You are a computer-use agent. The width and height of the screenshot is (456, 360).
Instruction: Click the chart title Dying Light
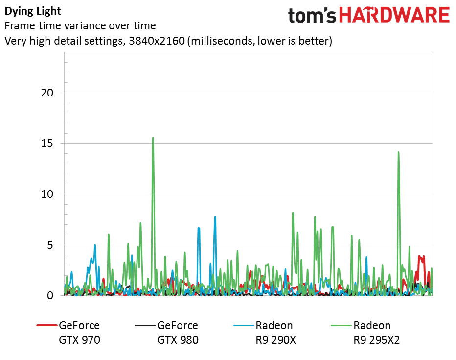(33, 11)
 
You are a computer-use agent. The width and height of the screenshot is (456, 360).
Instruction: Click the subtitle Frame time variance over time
(80, 26)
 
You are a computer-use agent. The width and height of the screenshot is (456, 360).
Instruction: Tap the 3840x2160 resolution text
(157, 41)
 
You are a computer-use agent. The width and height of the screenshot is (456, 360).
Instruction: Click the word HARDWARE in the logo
(395, 15)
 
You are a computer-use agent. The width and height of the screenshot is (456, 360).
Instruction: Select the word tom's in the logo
(312, 16)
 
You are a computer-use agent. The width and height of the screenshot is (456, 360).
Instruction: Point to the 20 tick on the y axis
(47, 93)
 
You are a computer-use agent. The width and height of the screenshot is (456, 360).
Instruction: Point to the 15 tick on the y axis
(47, 143)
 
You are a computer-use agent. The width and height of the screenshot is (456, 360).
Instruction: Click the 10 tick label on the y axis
(47, 194)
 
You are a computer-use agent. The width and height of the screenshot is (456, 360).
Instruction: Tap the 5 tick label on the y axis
(50, 245)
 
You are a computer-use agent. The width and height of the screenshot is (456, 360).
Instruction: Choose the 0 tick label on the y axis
(50, 295)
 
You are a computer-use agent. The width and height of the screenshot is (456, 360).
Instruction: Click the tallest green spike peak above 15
(153, 138)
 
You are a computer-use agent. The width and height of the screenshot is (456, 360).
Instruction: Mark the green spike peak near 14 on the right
(398, 152)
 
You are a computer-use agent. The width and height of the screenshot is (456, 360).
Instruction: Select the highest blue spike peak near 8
(215, 216)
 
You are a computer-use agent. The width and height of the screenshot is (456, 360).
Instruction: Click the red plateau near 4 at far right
(421, 257)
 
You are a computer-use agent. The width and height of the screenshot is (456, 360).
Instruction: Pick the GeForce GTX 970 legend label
(79, 333)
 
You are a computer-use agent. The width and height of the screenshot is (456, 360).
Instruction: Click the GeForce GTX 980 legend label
(178, 333)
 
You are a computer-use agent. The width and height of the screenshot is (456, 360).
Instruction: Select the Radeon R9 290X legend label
(274, 333)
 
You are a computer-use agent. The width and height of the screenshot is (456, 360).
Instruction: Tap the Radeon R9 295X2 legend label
(377, 333)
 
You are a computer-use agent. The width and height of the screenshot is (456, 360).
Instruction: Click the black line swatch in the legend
(145, 325)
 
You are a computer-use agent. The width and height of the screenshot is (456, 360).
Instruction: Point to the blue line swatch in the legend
(244, 325)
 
